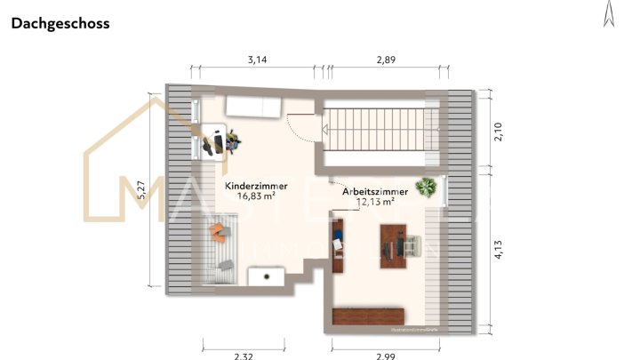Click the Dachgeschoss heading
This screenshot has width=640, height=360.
(x=60, y=24)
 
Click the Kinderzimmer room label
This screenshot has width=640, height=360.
(x=253, y=185)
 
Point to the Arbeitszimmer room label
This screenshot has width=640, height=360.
(x=375, y=191)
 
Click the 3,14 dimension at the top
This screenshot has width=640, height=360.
(x=257, y=60)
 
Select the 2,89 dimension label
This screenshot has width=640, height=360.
(x=386, y=60)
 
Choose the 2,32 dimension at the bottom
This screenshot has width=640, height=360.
(x=243, y=355)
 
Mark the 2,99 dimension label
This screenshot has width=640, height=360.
(x=386, y=355)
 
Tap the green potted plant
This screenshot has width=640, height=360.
(x=428, y=188)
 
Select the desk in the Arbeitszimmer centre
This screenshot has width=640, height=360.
(x=392, y=244)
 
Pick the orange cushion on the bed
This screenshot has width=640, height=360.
(x=219, y=232)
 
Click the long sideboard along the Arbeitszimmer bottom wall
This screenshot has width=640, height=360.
(x=368, y=316)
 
